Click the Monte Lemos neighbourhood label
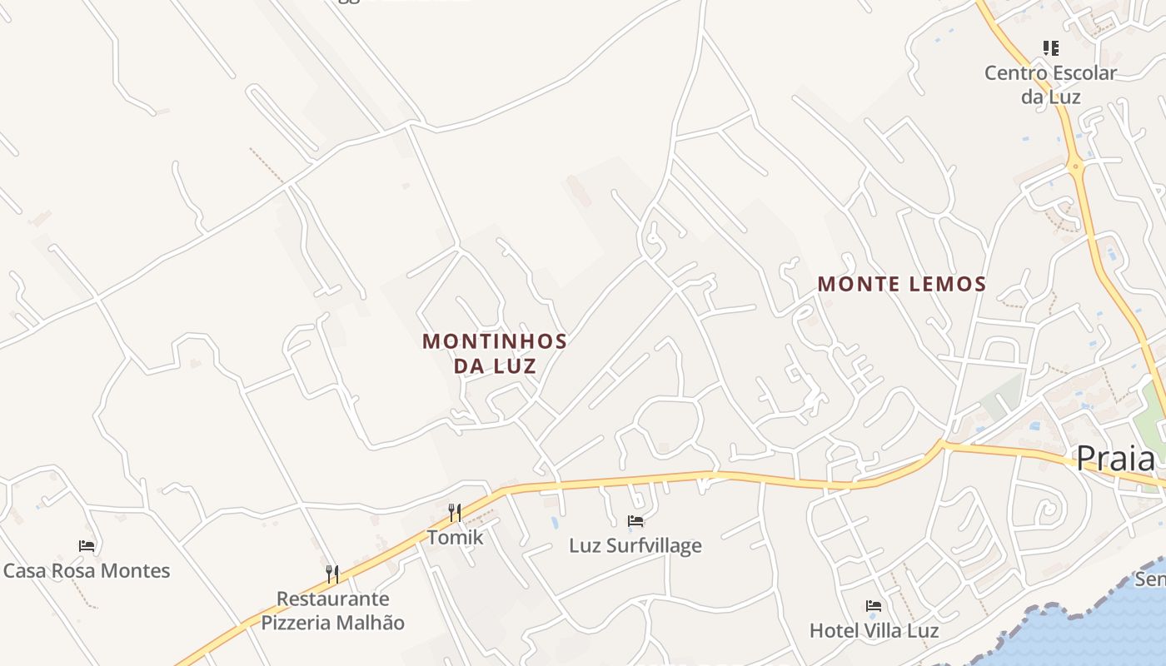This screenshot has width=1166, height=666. coord(901,285)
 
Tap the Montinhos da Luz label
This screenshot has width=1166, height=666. coord(495,353)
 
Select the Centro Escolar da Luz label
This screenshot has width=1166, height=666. coord(1050,85)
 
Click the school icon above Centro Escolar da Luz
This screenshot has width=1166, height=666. coord(1051,48)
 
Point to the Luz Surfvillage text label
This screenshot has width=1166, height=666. coord(635,546)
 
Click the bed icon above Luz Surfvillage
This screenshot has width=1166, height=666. coord(635,522)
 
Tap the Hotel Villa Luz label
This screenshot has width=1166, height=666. coord(874,631)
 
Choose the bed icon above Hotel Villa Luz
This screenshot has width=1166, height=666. coord(874,606)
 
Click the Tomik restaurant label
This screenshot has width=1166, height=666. coord(455,538)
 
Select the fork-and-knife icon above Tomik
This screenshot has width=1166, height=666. coord(455,512)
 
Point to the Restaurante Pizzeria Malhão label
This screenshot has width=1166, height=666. coord(332,610)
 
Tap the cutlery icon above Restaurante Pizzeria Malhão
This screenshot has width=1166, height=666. coord(332,574)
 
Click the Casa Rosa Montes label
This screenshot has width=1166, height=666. coord(87,571)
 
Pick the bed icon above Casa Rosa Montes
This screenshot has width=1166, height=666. coord(87,546)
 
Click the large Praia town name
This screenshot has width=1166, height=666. coord(1116,459)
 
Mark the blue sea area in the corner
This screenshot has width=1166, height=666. coord(1099,633)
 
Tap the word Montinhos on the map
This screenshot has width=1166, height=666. coord(495,341)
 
